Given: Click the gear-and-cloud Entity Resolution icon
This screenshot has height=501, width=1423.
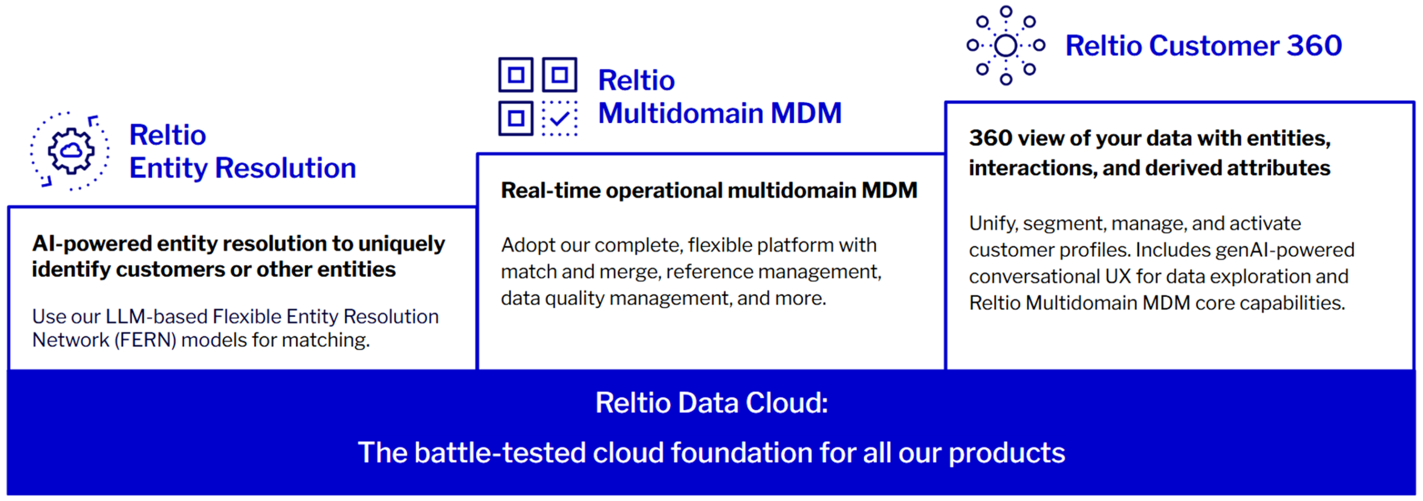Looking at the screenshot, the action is tap(70, 151).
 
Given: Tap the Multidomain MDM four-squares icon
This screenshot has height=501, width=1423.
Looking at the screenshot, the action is tap(538, 97).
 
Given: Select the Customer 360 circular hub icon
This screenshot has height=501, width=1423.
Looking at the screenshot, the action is tap(1006, 46).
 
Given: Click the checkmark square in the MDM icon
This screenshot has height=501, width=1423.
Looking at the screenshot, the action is tap(560, 118).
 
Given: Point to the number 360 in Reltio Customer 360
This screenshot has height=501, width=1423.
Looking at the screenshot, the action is tap(1315, 46).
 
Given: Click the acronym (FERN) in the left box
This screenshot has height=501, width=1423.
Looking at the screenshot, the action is tap(146, 340).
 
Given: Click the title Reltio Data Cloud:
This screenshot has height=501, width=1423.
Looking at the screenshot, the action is tap(711, 403).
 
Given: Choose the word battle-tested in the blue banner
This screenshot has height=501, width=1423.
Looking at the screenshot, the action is tap(500, 453).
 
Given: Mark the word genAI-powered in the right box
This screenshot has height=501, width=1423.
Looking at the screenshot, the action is tap(1285, 250).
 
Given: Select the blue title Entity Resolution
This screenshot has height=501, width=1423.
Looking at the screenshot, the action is tap(242, 168).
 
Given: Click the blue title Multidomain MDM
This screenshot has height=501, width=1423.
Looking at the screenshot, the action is tap(720, 113).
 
